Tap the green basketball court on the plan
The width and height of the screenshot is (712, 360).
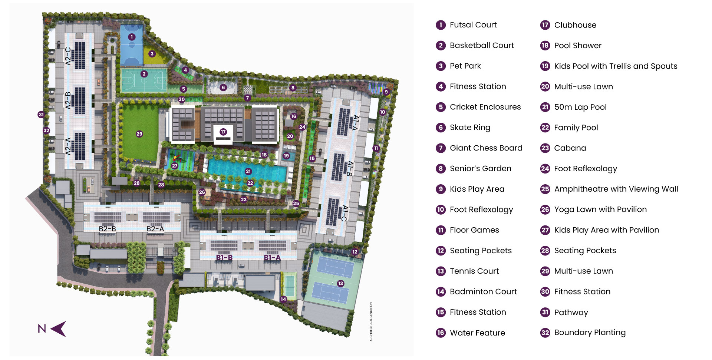[144, 80]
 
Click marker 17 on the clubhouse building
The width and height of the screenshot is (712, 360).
[223, 132]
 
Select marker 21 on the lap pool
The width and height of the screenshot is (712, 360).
[248, 171]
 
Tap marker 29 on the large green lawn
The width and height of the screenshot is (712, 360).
[139, 134]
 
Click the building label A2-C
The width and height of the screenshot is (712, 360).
[68, 56]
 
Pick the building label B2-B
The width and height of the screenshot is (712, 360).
[107, 229]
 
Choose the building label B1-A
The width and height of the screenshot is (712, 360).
[272, 258]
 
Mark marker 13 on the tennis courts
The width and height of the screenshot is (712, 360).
[340, 283]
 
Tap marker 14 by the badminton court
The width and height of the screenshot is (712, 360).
[283, 299]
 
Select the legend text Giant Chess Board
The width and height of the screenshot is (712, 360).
[486, 148]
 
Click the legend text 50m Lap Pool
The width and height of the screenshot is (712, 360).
[580, 107]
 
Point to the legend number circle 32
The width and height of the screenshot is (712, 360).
[545, 333]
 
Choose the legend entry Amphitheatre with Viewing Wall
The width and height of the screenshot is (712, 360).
[616, 189]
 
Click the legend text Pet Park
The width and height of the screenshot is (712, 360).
[465, 66]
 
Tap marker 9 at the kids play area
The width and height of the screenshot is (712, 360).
[386, 92]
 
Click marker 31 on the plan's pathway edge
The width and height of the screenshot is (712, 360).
[41, 115]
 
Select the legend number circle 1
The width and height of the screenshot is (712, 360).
[441, 25]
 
